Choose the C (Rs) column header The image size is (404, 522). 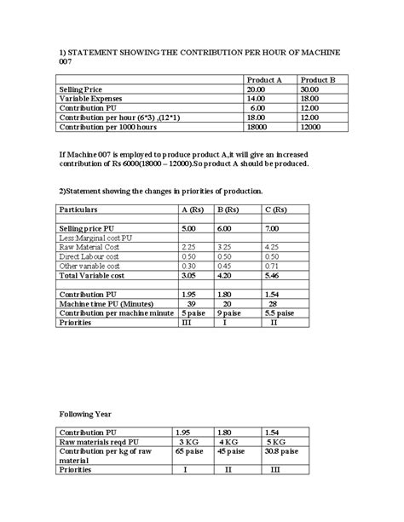point(277,209)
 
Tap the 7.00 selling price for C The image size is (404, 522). point(273,229)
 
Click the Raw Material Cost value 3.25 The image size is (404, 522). point(227,247)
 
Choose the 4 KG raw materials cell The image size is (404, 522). point(228,442)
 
